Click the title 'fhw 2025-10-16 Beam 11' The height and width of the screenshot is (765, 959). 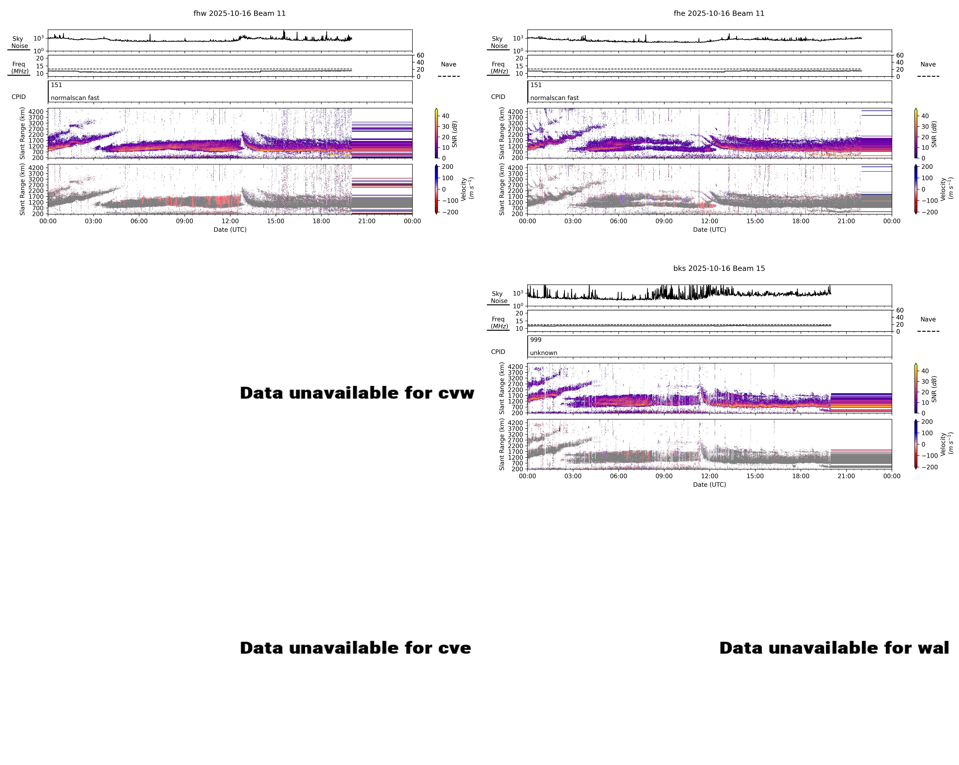(239, 13)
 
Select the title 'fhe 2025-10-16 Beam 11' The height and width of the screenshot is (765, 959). (719, 13)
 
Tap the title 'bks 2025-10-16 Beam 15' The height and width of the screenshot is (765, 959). (719, 268)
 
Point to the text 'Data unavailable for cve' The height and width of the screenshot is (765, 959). (355, 648)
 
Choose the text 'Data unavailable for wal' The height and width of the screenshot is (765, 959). (834, 648)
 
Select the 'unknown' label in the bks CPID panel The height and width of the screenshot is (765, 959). (544, 353)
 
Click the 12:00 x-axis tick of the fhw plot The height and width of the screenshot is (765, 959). (230, 221)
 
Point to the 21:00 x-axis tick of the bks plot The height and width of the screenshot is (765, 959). (846, 476)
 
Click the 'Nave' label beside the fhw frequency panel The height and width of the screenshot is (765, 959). (448, 65)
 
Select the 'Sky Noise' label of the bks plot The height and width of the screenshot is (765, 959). (498, 297)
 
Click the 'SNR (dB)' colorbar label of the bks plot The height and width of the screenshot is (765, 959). (934, 389)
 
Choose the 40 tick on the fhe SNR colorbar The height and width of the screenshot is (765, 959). (925, 116)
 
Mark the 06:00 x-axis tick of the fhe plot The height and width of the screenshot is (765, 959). (618, 221)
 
